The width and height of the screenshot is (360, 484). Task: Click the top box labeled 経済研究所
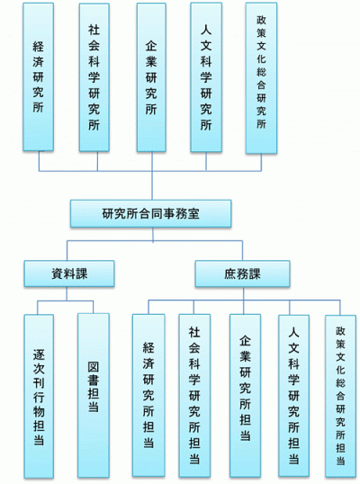(x=39, y=76)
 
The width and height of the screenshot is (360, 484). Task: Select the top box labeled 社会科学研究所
(x=94, y=77)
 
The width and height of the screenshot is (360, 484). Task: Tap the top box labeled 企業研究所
(x=151, y=77)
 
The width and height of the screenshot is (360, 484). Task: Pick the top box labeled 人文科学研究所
(x=206, y=77)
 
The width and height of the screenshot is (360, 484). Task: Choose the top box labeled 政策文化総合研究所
(x=261, y=77)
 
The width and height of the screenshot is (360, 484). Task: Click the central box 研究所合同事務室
(x=150, y=213)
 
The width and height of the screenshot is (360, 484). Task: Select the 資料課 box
(x=69, y=273)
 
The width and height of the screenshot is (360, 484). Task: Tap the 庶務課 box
(x=242, y=273)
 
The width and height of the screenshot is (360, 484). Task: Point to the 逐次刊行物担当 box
(x=39, y=396)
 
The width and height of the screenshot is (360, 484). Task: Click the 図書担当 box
(x=94, y=396)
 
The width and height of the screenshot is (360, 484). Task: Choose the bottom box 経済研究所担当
(x=148, y=396)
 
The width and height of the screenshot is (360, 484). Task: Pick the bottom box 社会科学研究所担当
(x=194, y=396)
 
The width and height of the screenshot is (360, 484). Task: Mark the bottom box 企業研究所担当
(x=245, y=396)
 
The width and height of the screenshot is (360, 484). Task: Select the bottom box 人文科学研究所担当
(x=294, y=396)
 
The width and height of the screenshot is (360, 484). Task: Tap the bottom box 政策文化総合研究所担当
(x=340, y=397)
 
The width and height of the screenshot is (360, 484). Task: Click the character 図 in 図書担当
(x=94, y=367)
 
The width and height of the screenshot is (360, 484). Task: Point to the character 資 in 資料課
(x=57, y=273)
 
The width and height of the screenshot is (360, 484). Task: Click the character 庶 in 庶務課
(x=230, y=274)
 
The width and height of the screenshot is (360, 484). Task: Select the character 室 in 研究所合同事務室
(x=193, y=213)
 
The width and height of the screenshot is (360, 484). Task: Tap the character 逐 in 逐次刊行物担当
(x=39, y=354)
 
